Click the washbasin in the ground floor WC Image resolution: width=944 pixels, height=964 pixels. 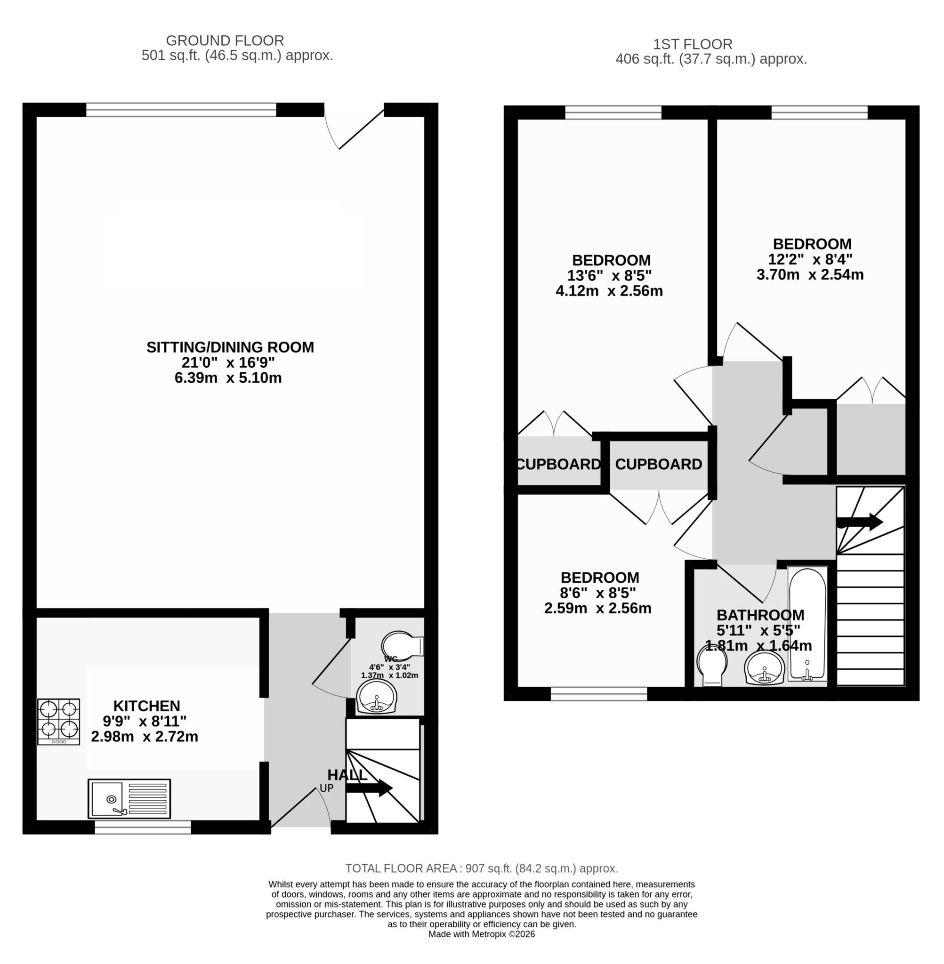coord(376,697)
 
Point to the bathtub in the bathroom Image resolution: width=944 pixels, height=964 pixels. coord(807,624)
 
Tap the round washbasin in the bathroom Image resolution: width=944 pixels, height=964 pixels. coord(765,667)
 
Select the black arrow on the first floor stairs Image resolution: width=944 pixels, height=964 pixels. coord(860,522)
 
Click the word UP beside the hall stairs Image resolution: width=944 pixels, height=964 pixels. coord(327,788)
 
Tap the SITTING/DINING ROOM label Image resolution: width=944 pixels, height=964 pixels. coord(230,347)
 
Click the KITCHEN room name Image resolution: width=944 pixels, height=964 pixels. coord(147,706)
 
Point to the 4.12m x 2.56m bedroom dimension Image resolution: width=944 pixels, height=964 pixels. coord(609,291)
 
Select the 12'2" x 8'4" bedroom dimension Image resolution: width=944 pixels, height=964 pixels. coord(812,259)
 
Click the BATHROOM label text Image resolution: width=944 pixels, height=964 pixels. coord(760,615)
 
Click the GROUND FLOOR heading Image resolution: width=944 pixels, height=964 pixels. coord(225,40)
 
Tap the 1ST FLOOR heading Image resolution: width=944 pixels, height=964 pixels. coord(692,44)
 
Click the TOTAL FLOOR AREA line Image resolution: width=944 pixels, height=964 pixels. coord(482,868)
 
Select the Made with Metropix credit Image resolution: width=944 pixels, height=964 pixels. coord(482,934)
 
